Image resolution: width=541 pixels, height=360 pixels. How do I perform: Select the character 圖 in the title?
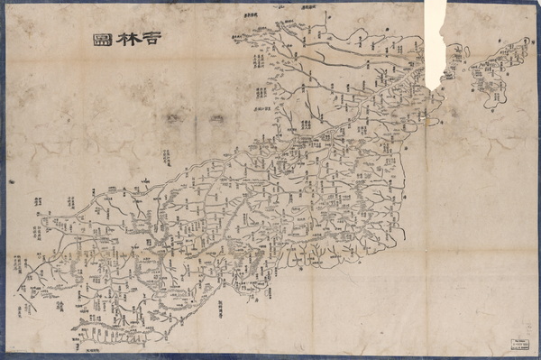(101, 40)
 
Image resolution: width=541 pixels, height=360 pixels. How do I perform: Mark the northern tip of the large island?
(526, 42)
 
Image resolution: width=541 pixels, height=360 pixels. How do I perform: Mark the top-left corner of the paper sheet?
(6, 6)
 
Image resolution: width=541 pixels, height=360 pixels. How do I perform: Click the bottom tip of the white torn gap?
(436, 88)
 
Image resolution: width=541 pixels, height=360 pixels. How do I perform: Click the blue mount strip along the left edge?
(3, 180)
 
